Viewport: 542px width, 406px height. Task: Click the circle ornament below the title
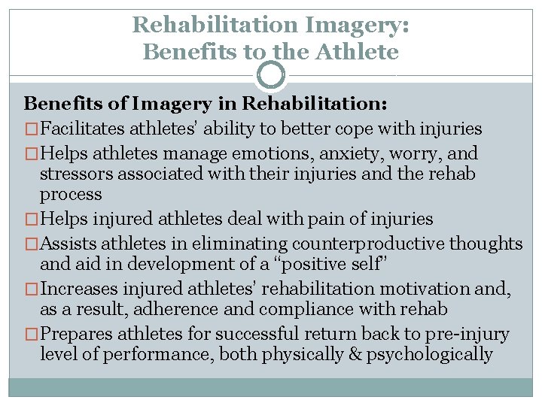(x=271, y=75)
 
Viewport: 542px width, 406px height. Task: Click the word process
(x=71, y=195)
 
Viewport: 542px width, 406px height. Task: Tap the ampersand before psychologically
(x=353, y=354)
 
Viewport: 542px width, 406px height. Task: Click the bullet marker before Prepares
(x=32, y=335)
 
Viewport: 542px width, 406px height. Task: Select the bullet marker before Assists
(x=32, y=244)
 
